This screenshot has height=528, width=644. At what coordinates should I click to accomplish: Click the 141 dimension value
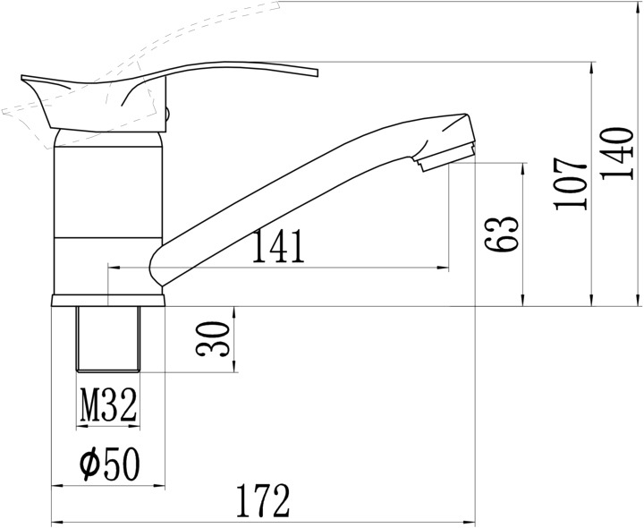[278, 246]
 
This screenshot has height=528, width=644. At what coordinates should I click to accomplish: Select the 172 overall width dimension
[263, 500]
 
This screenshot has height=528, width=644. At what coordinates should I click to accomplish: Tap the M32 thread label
[108, 405]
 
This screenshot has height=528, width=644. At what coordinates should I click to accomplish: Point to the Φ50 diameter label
[110, 464]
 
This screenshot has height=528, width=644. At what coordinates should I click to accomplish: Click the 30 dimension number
[212, 339]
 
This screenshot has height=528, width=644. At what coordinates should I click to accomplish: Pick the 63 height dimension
[501, 234]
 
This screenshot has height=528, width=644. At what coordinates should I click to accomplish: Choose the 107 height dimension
[570, 184]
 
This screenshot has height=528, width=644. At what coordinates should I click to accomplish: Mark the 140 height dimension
[616, 153]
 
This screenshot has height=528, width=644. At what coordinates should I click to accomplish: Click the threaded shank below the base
[108, 339]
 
